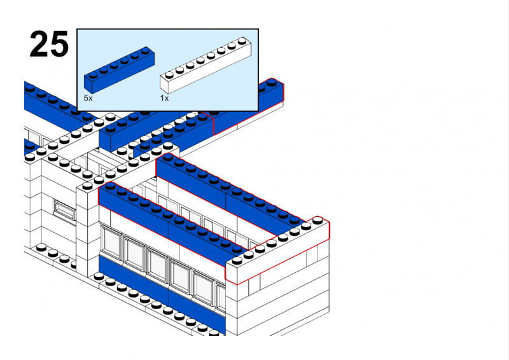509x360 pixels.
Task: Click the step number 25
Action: [49, 44]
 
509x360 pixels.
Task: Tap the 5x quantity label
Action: [88, 98]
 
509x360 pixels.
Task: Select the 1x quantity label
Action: [164, 98]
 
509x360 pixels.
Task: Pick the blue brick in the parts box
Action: [119, 69]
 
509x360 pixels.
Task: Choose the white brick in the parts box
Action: [206, 65]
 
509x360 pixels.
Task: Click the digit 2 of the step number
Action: [39, 44]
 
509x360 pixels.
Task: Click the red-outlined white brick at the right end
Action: [277, 250]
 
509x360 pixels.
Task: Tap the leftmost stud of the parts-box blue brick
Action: [93, 75]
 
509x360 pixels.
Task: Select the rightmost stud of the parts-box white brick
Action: [242, 41]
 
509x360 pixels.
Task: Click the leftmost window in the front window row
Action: [111, 242]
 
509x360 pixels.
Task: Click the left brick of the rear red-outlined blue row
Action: [192, 181]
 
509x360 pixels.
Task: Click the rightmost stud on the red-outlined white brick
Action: [317, 221]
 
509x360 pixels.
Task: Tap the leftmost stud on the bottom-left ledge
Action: [41, 247]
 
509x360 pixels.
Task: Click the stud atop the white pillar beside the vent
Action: [87, 186]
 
